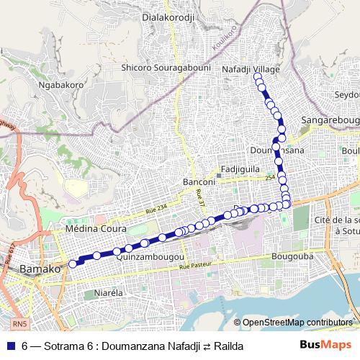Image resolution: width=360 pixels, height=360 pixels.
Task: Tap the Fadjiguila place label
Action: (x=241, y=168)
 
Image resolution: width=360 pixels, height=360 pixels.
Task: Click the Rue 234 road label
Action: (x=155, y=210)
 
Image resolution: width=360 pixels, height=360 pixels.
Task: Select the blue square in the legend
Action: (x=9, y=346)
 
